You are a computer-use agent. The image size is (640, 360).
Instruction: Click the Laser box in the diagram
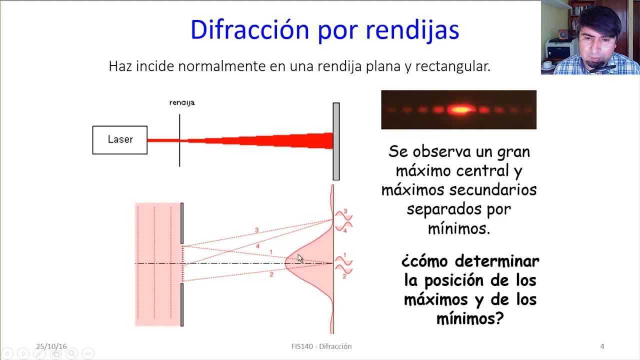tap(120, 140)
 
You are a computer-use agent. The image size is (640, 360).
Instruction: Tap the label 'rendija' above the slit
tap(182, 102)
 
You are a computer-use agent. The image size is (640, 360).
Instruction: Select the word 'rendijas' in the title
tap(412, 29)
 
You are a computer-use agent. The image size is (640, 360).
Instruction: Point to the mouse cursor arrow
tap(299, 258)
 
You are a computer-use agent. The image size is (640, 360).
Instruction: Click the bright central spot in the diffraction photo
tap(460, 109)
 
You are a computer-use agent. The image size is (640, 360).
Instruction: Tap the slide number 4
tap(602, 346)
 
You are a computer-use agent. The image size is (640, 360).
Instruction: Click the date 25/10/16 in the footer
tap(51, 346)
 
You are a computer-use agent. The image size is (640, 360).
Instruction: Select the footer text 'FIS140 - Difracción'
tap(321, 346)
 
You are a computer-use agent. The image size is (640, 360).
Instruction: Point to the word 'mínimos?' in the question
tap(470, 318)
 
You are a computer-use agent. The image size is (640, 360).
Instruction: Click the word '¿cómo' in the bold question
tap(425, 261)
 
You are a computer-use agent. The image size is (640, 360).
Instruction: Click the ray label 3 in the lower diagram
tap(257, 230)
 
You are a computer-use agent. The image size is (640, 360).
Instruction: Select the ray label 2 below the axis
tap(271, 274)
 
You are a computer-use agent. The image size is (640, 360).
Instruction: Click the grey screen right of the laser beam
tap(336, 141)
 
